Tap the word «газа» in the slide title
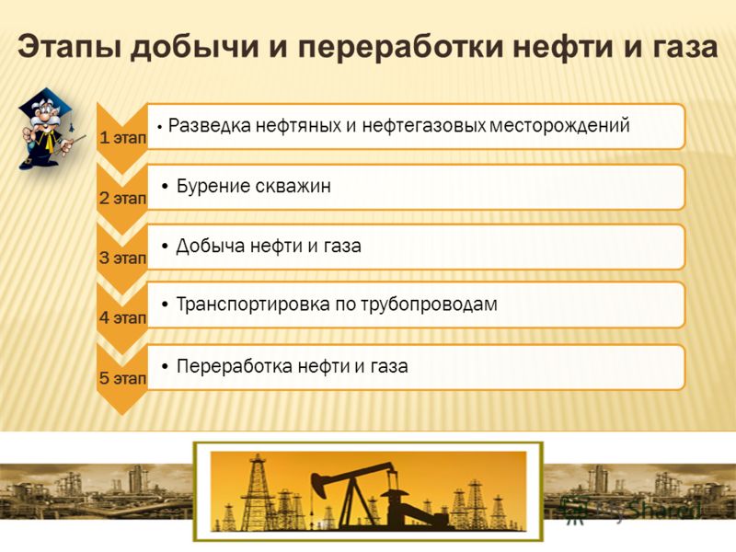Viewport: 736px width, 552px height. pyautogui.click(x=678, y=48)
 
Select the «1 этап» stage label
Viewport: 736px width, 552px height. pyautogui.click(x=123, y=137)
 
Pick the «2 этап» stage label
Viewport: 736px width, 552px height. pyautogui.click(x=123, y=198)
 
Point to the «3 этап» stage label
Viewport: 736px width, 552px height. pyautogui.click(x=123, y=258)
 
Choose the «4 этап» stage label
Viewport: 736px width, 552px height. pyautogui.click(x=123, y=317)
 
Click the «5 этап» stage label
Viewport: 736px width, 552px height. pyautogui.click(x=123, y=378)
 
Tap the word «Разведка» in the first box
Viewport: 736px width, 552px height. pyautogui.click(x=210, y=126)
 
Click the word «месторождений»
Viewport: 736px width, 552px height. pyautogui.click(x=559, y=126)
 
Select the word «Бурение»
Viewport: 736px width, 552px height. pyautogui.click(x=213, y=186)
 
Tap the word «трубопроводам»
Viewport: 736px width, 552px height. pyautogui.click(x=429, y=305)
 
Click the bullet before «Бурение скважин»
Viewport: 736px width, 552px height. pyautogui.click(x=165, y=187)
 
